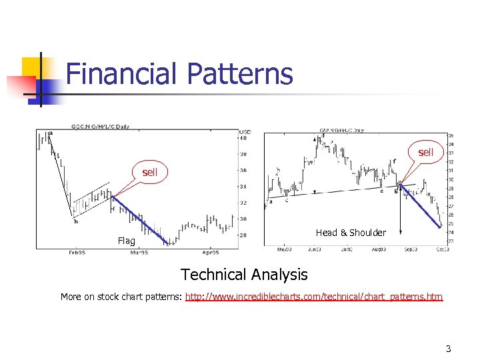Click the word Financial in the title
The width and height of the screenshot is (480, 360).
[123, 73]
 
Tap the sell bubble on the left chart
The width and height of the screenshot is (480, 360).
[149, 173]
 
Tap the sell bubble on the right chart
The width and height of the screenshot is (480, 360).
[425, 152]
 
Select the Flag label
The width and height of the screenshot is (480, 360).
[126, 241]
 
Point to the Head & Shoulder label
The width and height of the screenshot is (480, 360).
[351, 233]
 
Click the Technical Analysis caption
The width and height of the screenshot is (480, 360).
[244, 274]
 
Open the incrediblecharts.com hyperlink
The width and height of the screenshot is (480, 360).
[313, 297]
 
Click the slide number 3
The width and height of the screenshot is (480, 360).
[449, 349]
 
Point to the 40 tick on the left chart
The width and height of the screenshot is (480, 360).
[243, 139]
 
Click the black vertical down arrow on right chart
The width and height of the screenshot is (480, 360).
[401, 213]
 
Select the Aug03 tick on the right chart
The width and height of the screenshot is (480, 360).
[379, 249]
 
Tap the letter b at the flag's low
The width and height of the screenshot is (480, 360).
[75, 221]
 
